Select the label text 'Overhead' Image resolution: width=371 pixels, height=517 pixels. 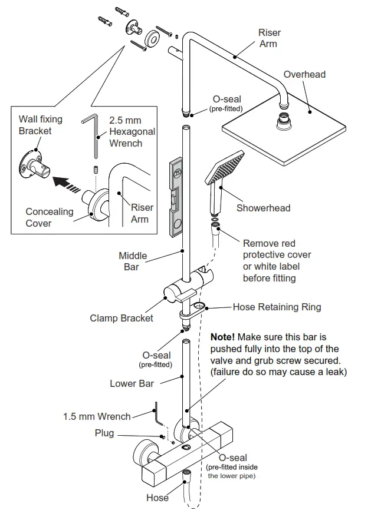[x=304, y=74]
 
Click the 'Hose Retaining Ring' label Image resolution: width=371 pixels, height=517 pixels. [x=277, y=307]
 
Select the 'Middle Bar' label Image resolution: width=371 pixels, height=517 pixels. [x=133, y=261]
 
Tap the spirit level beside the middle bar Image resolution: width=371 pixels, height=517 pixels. [x=176, y=195]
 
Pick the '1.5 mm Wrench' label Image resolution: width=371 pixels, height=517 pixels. [x=97, y=416]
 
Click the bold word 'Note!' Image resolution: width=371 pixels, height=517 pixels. [x=222, y=337]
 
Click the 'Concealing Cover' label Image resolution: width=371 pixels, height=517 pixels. [x=50, y=217]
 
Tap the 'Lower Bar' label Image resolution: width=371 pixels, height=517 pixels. [x=132, y=383]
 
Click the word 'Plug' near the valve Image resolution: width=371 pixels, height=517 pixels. [x=104, y=433]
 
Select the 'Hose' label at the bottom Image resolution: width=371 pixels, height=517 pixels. [x=157, y=498]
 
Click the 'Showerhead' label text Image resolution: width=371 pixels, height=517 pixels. [x=263, y=208]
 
